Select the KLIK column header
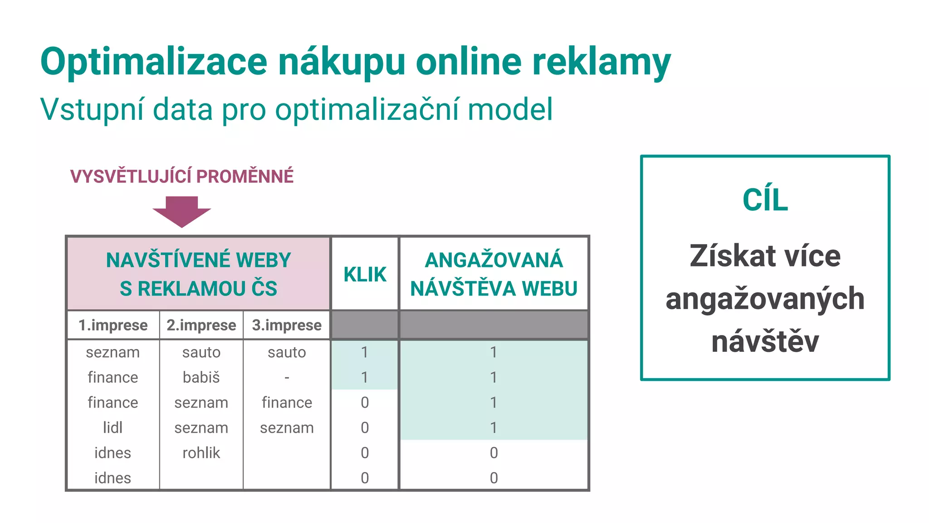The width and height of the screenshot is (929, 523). [365, 275]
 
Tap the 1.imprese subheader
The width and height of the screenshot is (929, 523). [113, 325]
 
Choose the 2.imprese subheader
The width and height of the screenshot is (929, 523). [201, 325]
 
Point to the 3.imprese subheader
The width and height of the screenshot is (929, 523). [287, 325]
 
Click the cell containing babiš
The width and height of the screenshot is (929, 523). [201, 377]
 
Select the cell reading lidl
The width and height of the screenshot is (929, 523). [112, 428]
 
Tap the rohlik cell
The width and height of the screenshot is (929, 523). [201, 453]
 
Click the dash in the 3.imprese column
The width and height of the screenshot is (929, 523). [287, 377]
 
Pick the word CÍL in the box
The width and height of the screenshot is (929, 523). [765, 200]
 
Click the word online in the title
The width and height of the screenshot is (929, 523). [469, 62]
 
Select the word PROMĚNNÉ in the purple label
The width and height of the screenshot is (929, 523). [245, 176]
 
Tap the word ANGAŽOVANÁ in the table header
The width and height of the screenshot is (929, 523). [494, 260]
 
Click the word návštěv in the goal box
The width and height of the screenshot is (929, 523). [765, 341]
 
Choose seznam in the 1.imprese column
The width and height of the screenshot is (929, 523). [112, 352]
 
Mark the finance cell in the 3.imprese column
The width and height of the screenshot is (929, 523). [287, 403]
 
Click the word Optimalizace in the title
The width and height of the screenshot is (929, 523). [154, 62]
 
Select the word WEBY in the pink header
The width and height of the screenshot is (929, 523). [264, 260]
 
